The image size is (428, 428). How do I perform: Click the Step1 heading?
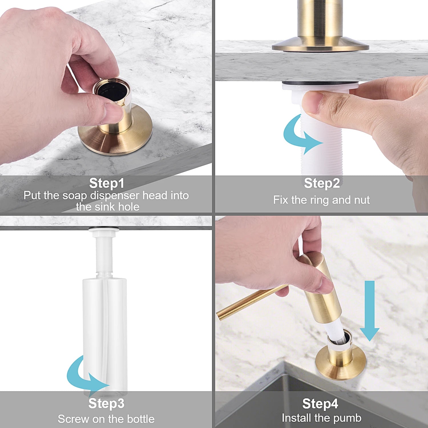point(107,183)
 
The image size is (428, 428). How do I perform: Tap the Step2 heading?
point(322,183)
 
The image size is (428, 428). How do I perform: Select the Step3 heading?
point(106,403)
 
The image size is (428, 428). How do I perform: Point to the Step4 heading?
point(320,404)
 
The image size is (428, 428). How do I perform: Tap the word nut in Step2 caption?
point(362,200)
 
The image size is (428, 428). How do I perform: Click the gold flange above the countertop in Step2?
point(320,46)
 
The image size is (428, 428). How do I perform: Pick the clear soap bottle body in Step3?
point(104,328)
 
